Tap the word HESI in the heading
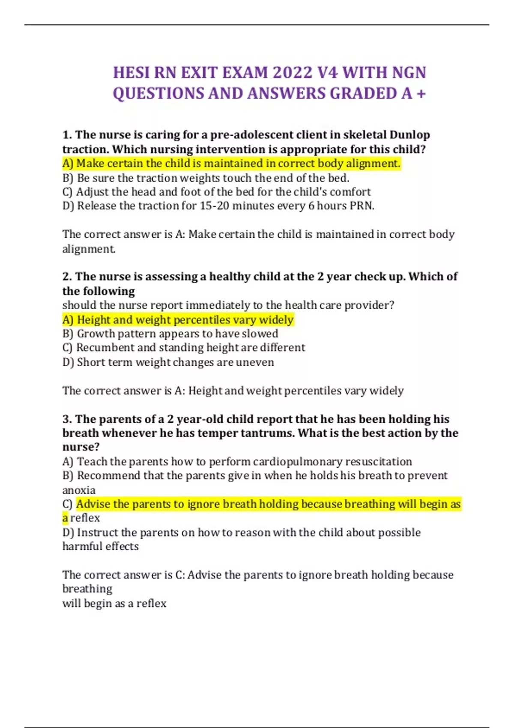[x=131, y=72]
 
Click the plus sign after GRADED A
[x=421, y=93]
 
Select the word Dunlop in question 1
[x=409, y=135]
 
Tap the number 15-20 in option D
[x=215, y=206]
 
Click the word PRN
[x=362, y=206]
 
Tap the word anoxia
[x=79, y=490]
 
